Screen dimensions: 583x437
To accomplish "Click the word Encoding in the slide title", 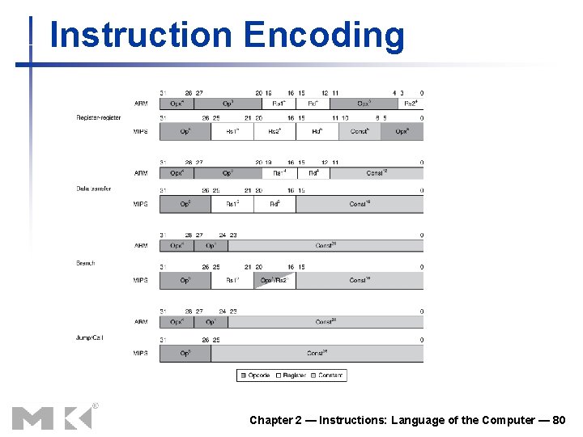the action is (x=323, y=36).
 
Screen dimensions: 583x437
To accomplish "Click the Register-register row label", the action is (x=99, y=117).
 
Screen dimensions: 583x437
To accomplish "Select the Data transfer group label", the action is (x=93, y=189).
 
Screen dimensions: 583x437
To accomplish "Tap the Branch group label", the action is (x=86, y=263).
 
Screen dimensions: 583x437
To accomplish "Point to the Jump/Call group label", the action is (x=89, y=337).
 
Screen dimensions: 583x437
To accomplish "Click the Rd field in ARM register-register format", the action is (x=313, y=103).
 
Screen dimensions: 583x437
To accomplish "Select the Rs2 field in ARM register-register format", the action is (x=411, y=103).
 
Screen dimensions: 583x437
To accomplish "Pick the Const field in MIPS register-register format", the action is (x=360, y=131).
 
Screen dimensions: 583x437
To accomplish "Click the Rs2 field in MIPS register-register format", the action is (x=274, y=131).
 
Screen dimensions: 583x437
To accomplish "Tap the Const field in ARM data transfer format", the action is (x=377, y=173).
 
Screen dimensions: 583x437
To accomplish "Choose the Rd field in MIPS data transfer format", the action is (x=274, y=204).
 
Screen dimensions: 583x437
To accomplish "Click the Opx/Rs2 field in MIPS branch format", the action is (x=274, y=280).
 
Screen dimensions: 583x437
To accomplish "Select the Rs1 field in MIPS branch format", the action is (x=232, y=280).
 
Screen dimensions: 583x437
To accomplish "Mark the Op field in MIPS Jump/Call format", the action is (x=185, y=354).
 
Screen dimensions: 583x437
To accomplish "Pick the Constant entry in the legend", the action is (x=326, y=375).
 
